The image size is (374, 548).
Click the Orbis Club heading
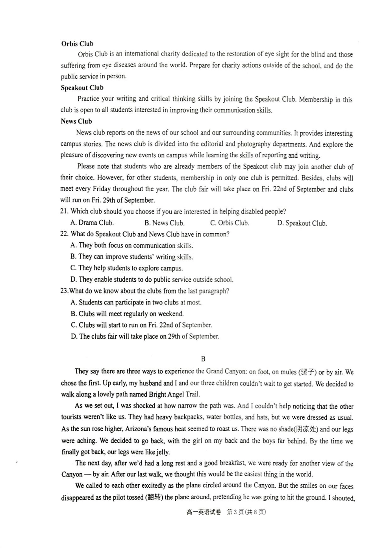[77, 44]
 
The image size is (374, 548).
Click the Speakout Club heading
[82, 88]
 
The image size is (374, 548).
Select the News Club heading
[76, 121]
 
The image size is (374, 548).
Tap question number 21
[64, 211]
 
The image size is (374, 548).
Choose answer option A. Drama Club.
[92, 223]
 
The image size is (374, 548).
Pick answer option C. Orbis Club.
[230, 223]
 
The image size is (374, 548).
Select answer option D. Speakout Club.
[302, 223]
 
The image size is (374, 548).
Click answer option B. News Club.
[164, 223]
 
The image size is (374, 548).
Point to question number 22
[64, 234]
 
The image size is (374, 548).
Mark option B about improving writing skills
[131, 257]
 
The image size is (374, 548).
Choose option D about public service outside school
[152, 280]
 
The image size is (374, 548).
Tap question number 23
[64, 291]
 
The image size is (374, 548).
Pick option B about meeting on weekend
[127, 314]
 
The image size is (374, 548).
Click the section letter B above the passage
[203, 359]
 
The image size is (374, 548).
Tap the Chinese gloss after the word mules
[307, 372]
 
